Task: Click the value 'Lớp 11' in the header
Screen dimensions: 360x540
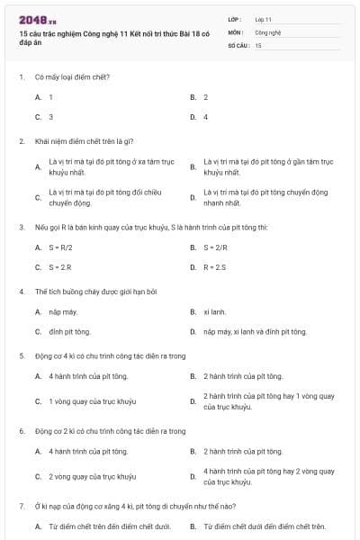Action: click(x=264, y=19)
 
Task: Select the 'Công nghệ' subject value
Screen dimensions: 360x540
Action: click(x=268, y=31)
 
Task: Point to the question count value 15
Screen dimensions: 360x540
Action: click(x=258, y=45)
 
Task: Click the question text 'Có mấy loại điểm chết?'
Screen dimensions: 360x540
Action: click(x=72, y=76)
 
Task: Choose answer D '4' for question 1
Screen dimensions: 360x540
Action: click(x=205, y=117)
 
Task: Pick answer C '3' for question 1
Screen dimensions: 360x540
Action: click(x=50, y=117)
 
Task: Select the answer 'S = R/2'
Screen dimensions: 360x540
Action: click(x=62, y=247)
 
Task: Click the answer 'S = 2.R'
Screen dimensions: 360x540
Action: click(x=60, y=267)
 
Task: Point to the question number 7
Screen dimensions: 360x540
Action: click(x=21, y=507)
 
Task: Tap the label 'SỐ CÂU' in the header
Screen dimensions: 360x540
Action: click(x=238, y=45)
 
